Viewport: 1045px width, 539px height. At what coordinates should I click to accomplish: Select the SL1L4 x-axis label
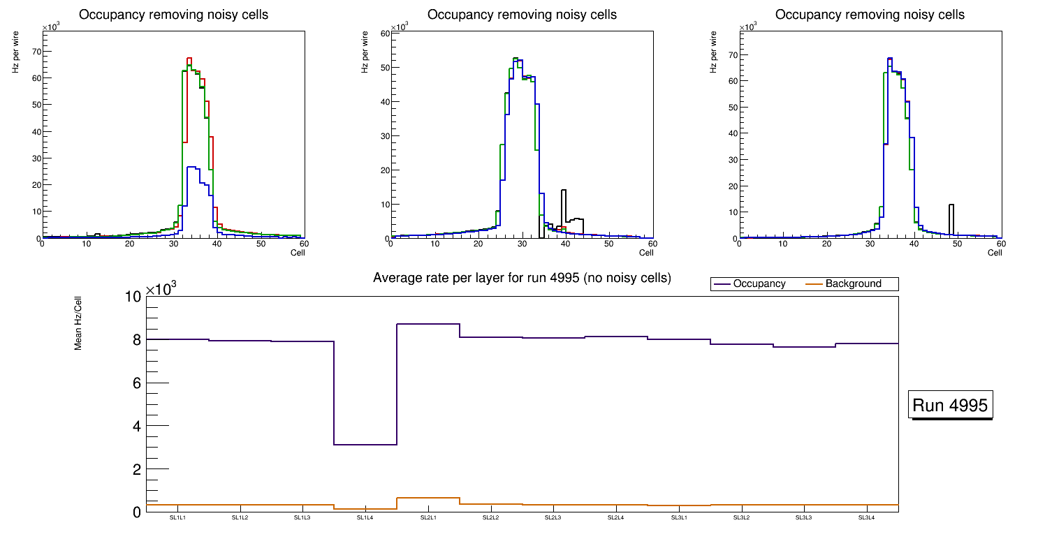click(x=365, y=518)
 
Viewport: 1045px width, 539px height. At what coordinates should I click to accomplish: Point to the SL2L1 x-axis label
click(x=428, y=518)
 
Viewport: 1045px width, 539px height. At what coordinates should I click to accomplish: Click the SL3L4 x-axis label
click(x=866, y=518)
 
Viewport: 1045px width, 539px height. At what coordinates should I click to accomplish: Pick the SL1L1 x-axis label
click(x=177, y=518)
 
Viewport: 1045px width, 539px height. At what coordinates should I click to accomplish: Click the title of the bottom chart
click(x=522, y=278)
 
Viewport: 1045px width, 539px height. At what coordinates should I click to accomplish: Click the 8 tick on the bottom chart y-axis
click(x=136, y=340)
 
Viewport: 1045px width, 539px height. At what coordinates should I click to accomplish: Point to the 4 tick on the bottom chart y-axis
click(x=136, y=427)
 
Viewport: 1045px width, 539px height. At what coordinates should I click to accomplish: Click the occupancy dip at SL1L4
click(x=365, y=445)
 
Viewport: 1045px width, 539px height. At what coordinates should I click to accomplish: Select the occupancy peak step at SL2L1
click(x=428, y=324)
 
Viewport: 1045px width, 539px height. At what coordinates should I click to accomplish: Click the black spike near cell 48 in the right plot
click(x=951, y=205)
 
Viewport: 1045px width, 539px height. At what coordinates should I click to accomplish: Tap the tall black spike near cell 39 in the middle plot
click(x=563, y=191)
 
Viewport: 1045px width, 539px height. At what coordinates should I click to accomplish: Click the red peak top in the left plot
click(x=189, y=59)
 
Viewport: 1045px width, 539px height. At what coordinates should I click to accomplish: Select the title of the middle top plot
click(x=522, y=15)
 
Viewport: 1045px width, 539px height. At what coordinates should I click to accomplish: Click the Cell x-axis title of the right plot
click(x=995, y=253)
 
